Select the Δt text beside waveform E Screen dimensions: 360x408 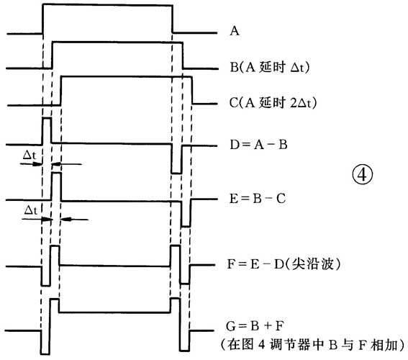pyautogui.click(x=32, y=210)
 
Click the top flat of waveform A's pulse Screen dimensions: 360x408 pyautogui.click(x=108, y=6)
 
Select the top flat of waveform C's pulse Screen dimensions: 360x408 pyautogui.click(x=127, y=76)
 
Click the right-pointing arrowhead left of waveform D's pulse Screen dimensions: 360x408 pyautogui.click(x=39, y=164)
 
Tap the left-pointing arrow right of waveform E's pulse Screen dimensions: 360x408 pyautogui.click(x=66, y=219)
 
